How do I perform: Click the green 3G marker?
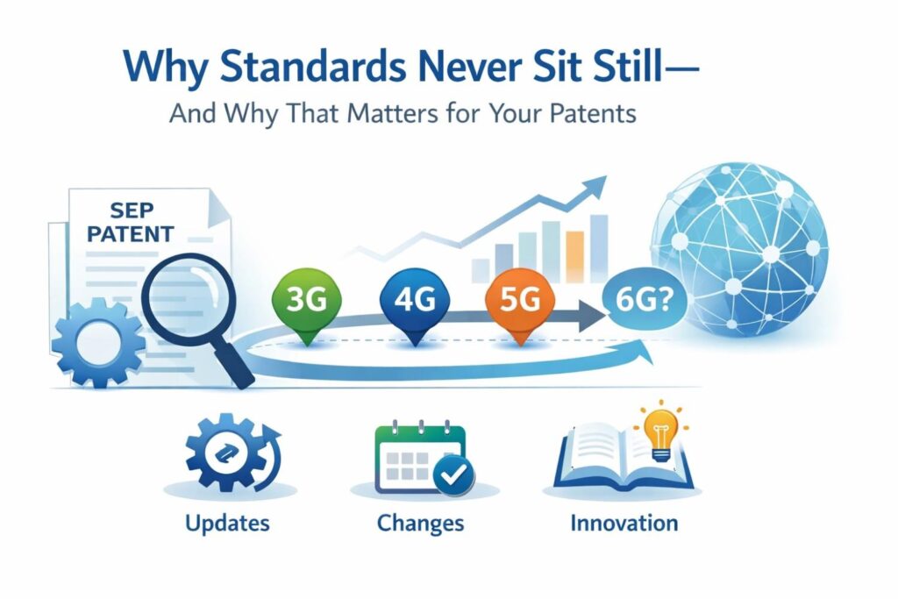308,303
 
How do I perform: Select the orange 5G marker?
520,303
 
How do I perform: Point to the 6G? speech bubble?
645,300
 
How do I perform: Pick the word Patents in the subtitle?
593,113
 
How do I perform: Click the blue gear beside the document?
98,343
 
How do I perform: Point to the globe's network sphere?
738,250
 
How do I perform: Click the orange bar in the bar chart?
574,257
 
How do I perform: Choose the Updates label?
227,524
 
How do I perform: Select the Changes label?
420,524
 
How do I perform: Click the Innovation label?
624,523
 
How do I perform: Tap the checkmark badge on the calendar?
453,474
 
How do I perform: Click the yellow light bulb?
661,433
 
